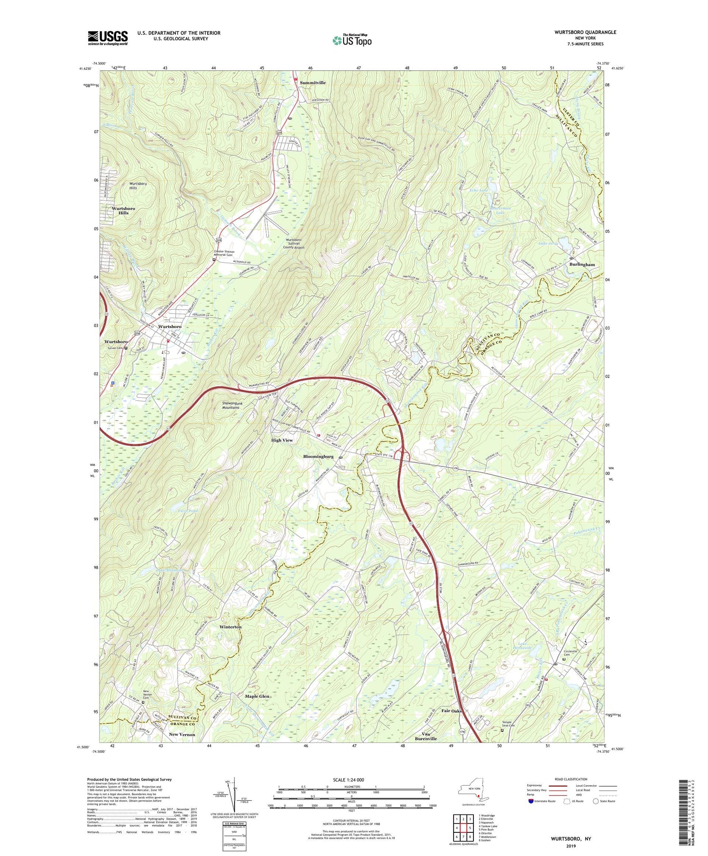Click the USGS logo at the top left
108,38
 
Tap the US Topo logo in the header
352,40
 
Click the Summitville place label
313,83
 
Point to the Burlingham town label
582,264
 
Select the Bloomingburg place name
318,457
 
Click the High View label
282,440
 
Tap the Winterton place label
230,627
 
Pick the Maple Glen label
257,696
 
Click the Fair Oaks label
451,710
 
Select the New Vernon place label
182,734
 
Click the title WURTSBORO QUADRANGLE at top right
585,32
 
